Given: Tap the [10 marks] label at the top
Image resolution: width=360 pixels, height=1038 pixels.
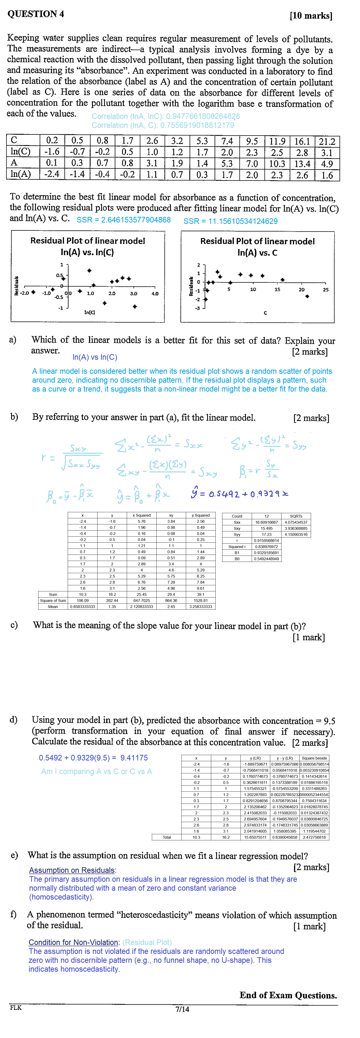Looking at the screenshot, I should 311,16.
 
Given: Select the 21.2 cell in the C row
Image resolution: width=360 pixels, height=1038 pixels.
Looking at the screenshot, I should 327,141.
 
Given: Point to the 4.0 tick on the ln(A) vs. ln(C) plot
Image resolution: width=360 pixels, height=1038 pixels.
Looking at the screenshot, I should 155,294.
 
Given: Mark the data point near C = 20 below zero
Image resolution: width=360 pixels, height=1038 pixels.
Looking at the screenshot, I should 307,296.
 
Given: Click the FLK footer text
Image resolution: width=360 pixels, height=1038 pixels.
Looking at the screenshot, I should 16,1007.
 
